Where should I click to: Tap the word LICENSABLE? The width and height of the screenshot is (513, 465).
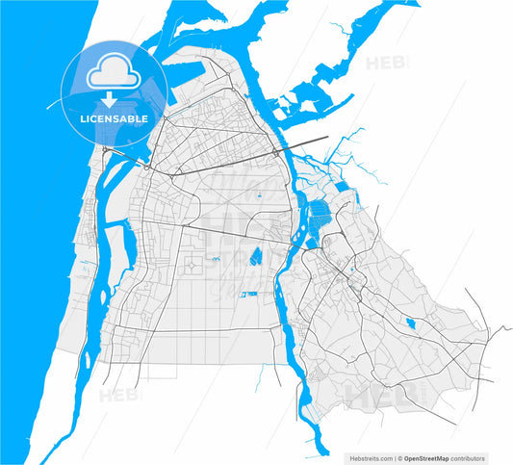[107, 118]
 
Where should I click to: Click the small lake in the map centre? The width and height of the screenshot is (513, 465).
[256, 257]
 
